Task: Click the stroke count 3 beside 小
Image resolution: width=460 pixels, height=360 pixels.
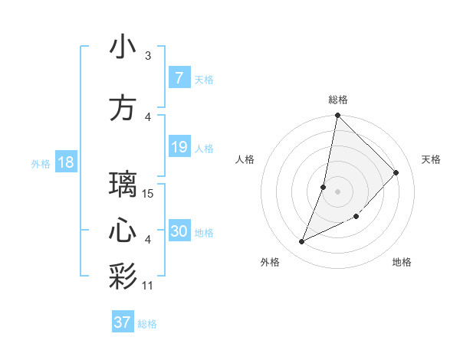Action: click(148, 56)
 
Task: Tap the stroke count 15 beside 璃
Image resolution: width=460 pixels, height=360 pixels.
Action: click(149, 194)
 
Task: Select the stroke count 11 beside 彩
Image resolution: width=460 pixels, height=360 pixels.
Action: click(149, 286)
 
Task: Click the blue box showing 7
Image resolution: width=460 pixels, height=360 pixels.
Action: click(179, 78)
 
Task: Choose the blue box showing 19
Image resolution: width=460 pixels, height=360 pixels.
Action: click(179, 147)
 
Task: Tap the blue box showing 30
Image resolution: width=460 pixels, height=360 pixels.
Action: click(179, 231)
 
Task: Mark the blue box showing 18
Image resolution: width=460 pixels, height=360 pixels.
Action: click(65, 162)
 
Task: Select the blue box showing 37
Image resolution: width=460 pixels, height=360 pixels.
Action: click(123, 322)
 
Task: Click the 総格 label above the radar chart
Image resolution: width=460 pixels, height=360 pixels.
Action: click(338, 100)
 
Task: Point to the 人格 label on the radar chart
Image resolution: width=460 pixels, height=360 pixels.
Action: click(245, 159)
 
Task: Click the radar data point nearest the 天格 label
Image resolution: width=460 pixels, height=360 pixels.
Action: click(396, 172)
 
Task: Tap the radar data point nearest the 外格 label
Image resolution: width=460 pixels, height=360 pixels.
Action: click(302, 242)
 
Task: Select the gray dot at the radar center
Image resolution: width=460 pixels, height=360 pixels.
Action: click(337, 191)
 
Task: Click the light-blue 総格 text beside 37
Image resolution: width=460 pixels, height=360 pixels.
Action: click(147, 324)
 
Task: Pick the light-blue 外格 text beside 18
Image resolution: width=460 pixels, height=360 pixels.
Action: click(40, 164)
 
